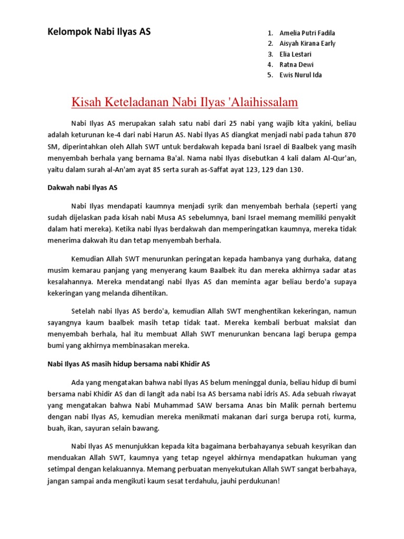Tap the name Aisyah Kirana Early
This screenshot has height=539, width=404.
tap(307, 44)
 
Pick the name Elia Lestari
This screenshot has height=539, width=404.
tap(297, 54)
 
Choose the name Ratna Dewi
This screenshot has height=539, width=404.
tap(296, 64)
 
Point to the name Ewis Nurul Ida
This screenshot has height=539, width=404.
tap(301, 75)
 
